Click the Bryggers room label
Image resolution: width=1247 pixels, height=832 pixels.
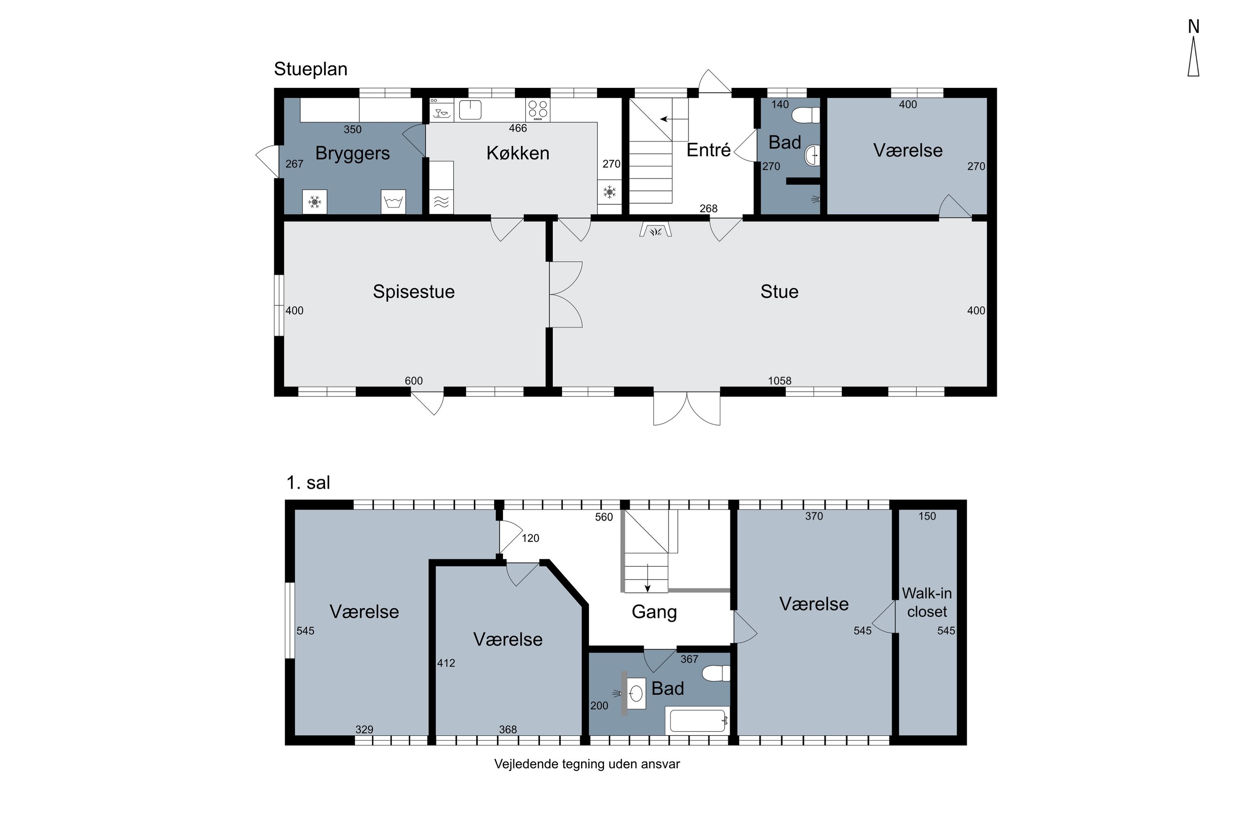click(352, 154)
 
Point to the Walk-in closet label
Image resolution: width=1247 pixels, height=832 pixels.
click(927, 602)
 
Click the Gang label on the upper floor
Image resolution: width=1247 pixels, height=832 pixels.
click(654, 612)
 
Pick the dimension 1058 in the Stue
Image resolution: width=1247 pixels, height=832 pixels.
click(779, 381)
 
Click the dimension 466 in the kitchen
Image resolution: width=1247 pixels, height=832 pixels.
click(518, 129)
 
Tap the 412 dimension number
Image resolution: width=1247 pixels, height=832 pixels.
click(446, 663)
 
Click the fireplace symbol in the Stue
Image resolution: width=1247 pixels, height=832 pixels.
click(656, 230)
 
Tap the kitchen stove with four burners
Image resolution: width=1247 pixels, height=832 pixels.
click(537, 110)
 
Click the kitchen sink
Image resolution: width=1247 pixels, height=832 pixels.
click(470, 110)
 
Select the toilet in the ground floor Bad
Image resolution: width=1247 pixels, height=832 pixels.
click(806, 115)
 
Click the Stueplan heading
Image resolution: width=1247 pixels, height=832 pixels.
click(311, 69)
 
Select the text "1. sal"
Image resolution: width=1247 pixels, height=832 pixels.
click(308, 483)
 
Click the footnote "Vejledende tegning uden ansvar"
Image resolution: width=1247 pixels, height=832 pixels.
click(587, 764)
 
